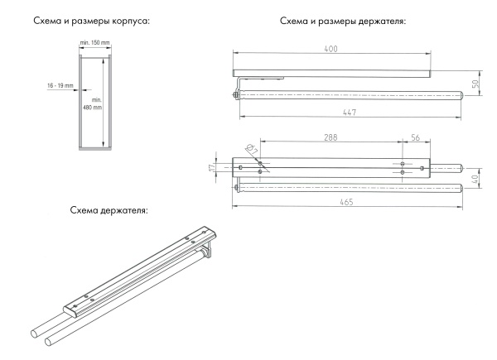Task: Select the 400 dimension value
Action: click(x=331, y=50)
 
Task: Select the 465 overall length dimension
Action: click(x=342, y=201)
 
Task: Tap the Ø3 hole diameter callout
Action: click(x=248, y=149)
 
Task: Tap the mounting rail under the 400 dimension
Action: click(x=331, y=74)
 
